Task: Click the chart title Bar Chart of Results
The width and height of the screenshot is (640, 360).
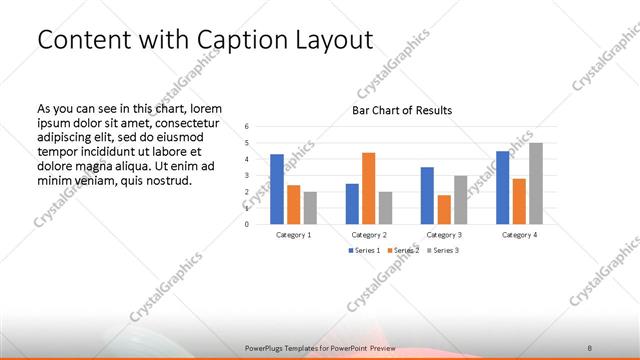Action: (x=402, y=110)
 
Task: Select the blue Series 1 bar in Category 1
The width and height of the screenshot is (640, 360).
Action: (x=277, y=189)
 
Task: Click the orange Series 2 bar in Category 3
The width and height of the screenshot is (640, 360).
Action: (x=443, y=209)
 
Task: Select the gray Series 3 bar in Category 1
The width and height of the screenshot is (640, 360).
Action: (x=310, y=208)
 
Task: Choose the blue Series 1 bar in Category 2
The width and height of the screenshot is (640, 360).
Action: (x=352, y=203)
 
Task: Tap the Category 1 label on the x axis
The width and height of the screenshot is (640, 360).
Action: (x=293, y=234)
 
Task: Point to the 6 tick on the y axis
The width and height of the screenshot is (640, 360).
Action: (x=247, y=126)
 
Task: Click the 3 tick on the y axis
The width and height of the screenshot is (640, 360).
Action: (x=247, y=175)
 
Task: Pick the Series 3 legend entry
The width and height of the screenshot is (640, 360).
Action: (x=445, y=250)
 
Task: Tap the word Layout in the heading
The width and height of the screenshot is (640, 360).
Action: (x=335, y=40)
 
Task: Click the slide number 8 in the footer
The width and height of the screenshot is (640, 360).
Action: (x=590, y=347)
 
